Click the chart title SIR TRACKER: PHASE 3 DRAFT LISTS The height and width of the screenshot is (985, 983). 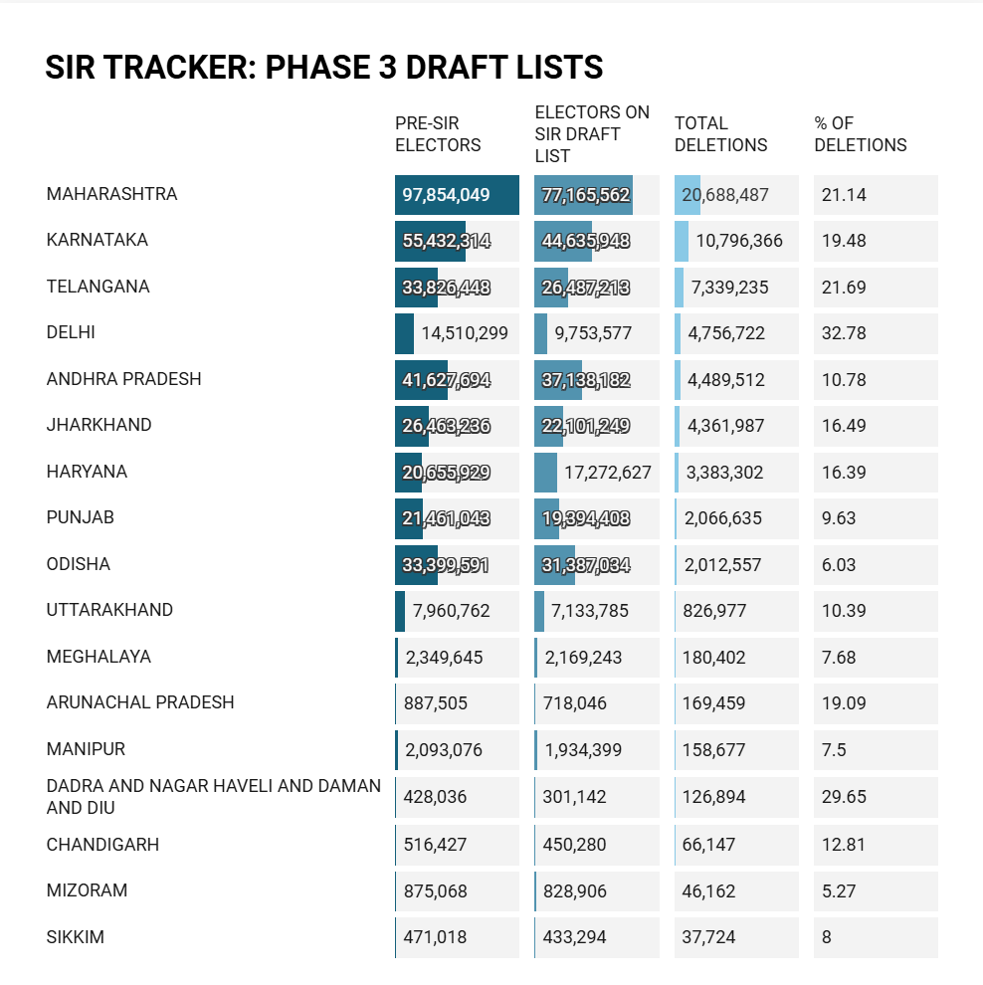point(324,68)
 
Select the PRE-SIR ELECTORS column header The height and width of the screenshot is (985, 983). point(438,133)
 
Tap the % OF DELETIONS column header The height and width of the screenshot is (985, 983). point(861,133)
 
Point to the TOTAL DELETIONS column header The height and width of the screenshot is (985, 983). point(721,133)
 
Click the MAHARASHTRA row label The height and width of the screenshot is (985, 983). point(111,194)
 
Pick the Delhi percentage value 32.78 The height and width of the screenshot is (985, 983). point(844,333)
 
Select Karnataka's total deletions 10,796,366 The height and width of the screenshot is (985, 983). point(739,241)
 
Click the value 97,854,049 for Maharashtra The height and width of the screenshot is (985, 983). point(446,195)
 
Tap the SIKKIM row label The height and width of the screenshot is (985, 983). point(76,937)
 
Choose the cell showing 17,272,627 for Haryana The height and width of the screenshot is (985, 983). point(607,473)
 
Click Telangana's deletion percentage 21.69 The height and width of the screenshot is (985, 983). point(844,288)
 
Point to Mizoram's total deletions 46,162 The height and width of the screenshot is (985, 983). point(708,891)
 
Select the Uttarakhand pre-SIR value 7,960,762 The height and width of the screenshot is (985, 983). point(451,611)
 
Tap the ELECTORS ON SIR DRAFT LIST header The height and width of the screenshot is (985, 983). point(592,133)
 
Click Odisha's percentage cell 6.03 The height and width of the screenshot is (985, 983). point(839,565)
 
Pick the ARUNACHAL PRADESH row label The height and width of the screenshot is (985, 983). point(140,702)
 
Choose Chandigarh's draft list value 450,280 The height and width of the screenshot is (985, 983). point(575,845)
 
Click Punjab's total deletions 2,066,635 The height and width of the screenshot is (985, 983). point(723,518)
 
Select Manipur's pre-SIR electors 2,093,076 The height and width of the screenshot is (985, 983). point(444,750)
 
